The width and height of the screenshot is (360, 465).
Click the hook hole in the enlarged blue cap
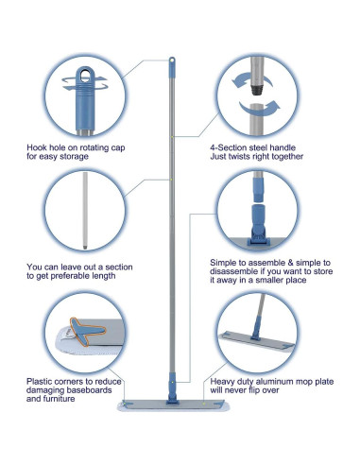(85, 76)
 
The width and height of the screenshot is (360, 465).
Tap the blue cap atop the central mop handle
(172, 67)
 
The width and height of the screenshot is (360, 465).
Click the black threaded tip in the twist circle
(257, 90)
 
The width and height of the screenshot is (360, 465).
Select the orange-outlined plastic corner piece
(88, 331)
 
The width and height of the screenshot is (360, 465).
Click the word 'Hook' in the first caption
(37, 147)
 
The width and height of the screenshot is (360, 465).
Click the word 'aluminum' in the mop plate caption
(277, 382)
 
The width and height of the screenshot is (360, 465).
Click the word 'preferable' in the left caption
(75, 276)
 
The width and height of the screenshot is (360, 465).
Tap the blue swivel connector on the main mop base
(173, 388)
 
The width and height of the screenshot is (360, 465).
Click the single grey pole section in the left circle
(85, 211)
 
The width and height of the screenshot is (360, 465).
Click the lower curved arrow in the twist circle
(260, 108)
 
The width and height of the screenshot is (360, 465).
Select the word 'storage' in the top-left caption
(74, 157)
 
